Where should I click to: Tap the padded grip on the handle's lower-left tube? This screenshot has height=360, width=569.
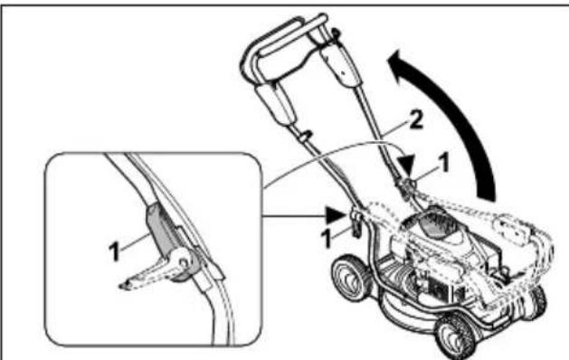point(274,100)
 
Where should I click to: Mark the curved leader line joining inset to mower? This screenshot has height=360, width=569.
point(308,162)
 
